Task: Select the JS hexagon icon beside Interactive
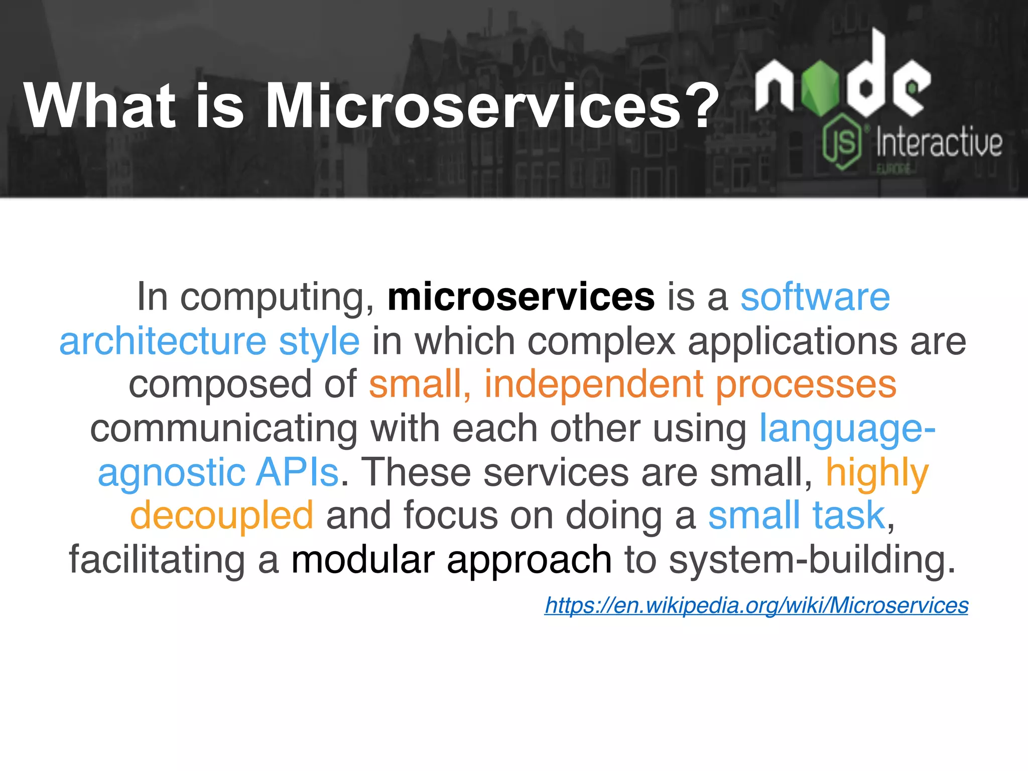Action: (842, 142)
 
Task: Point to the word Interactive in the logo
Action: (939, 143)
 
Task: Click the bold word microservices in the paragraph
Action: (521, 297)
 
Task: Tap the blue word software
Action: (815, 297)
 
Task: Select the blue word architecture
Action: (163, 341)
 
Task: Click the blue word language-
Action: (847, 429)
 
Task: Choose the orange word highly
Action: (877, 473)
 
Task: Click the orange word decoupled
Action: (222, 516)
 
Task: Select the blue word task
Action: (848, 516)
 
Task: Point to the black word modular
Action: (363, 560)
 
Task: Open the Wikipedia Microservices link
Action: (756, 605)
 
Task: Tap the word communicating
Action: (224, 429)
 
